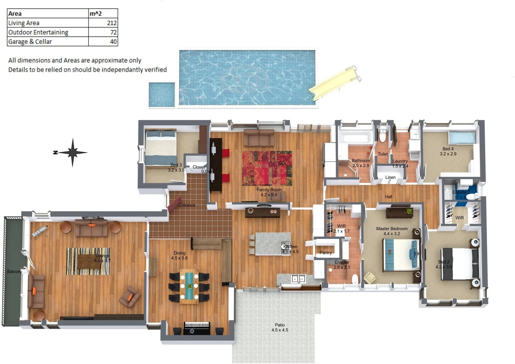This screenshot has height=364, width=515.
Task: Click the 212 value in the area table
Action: coord(112,23)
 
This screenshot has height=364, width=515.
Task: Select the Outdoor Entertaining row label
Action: coord(38,32)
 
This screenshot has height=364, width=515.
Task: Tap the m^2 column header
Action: coord(96,13)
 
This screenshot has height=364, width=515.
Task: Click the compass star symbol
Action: coord(72,152)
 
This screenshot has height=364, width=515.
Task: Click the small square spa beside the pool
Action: coord(162,95)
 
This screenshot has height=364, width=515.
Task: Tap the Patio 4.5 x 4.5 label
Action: coord(280,328)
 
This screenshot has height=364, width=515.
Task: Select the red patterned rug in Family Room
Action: coord(267,168)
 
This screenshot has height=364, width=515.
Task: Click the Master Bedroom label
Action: coord(392,229)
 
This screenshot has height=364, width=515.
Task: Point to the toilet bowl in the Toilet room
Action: coord(383,136)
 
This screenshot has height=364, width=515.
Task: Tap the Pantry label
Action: coord(326,252)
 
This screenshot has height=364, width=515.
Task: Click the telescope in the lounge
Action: coord(39,231)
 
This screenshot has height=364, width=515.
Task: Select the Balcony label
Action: coord(14,271)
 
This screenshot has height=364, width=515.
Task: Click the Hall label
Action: coord(388,196)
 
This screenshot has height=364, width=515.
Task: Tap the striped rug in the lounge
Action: coord(88,261)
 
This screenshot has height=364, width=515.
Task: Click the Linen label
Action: coord(390,177)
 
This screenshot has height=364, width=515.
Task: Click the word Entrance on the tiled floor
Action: coord(187,205)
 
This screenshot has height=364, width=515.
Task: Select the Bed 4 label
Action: coord(448,149)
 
